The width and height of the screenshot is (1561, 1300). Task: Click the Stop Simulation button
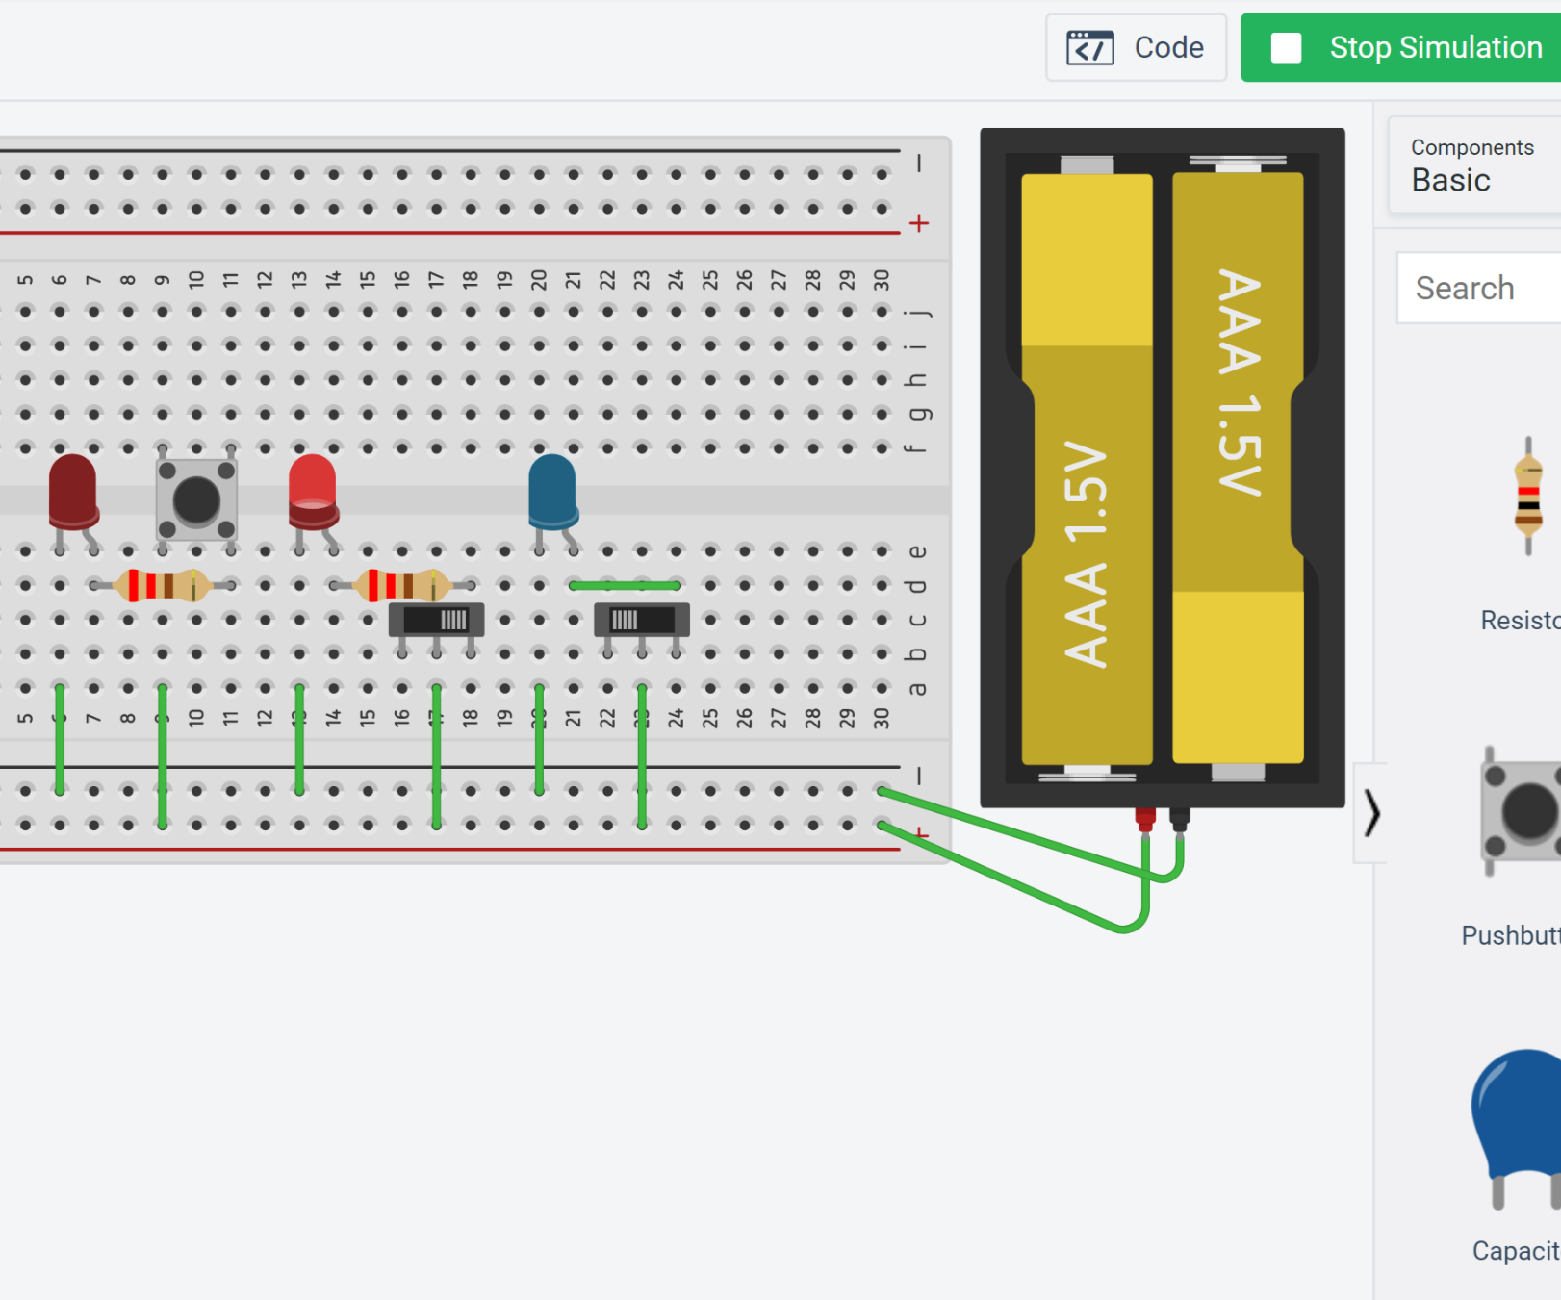[1405, 47]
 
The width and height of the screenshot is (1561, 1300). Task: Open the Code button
[1136, 47]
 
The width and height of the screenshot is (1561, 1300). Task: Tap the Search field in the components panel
[1477, 288]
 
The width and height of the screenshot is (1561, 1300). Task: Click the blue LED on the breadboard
[552, 491]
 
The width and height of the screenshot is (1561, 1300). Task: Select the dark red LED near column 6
[72, 491]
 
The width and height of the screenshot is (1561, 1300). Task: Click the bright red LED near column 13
[312, 491]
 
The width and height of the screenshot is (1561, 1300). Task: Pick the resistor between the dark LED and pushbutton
[162, 585]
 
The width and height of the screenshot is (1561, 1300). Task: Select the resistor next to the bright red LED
[402, 585]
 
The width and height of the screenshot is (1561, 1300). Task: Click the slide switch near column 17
[436, 621]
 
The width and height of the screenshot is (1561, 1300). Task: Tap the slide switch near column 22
[641, 621]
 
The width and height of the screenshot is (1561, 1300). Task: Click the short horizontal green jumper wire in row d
[625, 585]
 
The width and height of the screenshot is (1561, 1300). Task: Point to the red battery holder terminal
[1145, 819]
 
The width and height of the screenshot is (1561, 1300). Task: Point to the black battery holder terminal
[1179, 819]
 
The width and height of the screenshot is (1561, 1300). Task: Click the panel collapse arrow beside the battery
[1371, 813]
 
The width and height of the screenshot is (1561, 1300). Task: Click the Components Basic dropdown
[1472, 166]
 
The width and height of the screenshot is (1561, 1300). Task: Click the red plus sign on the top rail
[919, 223]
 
